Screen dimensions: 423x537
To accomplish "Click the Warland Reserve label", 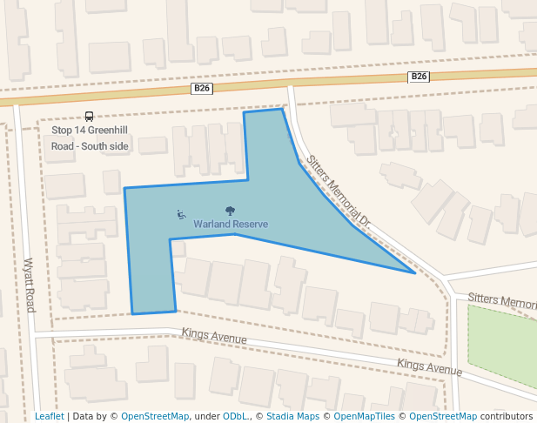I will coord(231,225).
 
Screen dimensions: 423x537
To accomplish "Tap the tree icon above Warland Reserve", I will coord(231,211).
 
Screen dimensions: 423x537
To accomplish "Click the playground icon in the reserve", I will coord(181,214).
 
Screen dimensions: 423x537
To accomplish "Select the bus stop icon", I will coord(89,117).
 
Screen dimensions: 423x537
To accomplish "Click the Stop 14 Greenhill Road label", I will coord(91,138).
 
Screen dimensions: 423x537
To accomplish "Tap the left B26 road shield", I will coord(202,89).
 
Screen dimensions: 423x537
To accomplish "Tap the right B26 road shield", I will coord(419,77).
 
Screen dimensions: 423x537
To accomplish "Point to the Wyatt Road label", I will coord(30,285).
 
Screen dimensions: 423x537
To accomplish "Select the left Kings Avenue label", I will coord(214,336).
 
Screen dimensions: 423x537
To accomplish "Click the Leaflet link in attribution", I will coord(49,416).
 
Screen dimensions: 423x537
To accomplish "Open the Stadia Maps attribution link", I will coord(292,416).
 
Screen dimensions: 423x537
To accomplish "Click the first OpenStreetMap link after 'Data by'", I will coord(155,416).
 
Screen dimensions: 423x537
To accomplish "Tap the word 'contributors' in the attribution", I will coord(507,416).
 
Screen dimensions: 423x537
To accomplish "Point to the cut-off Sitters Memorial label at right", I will coord(502,300).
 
